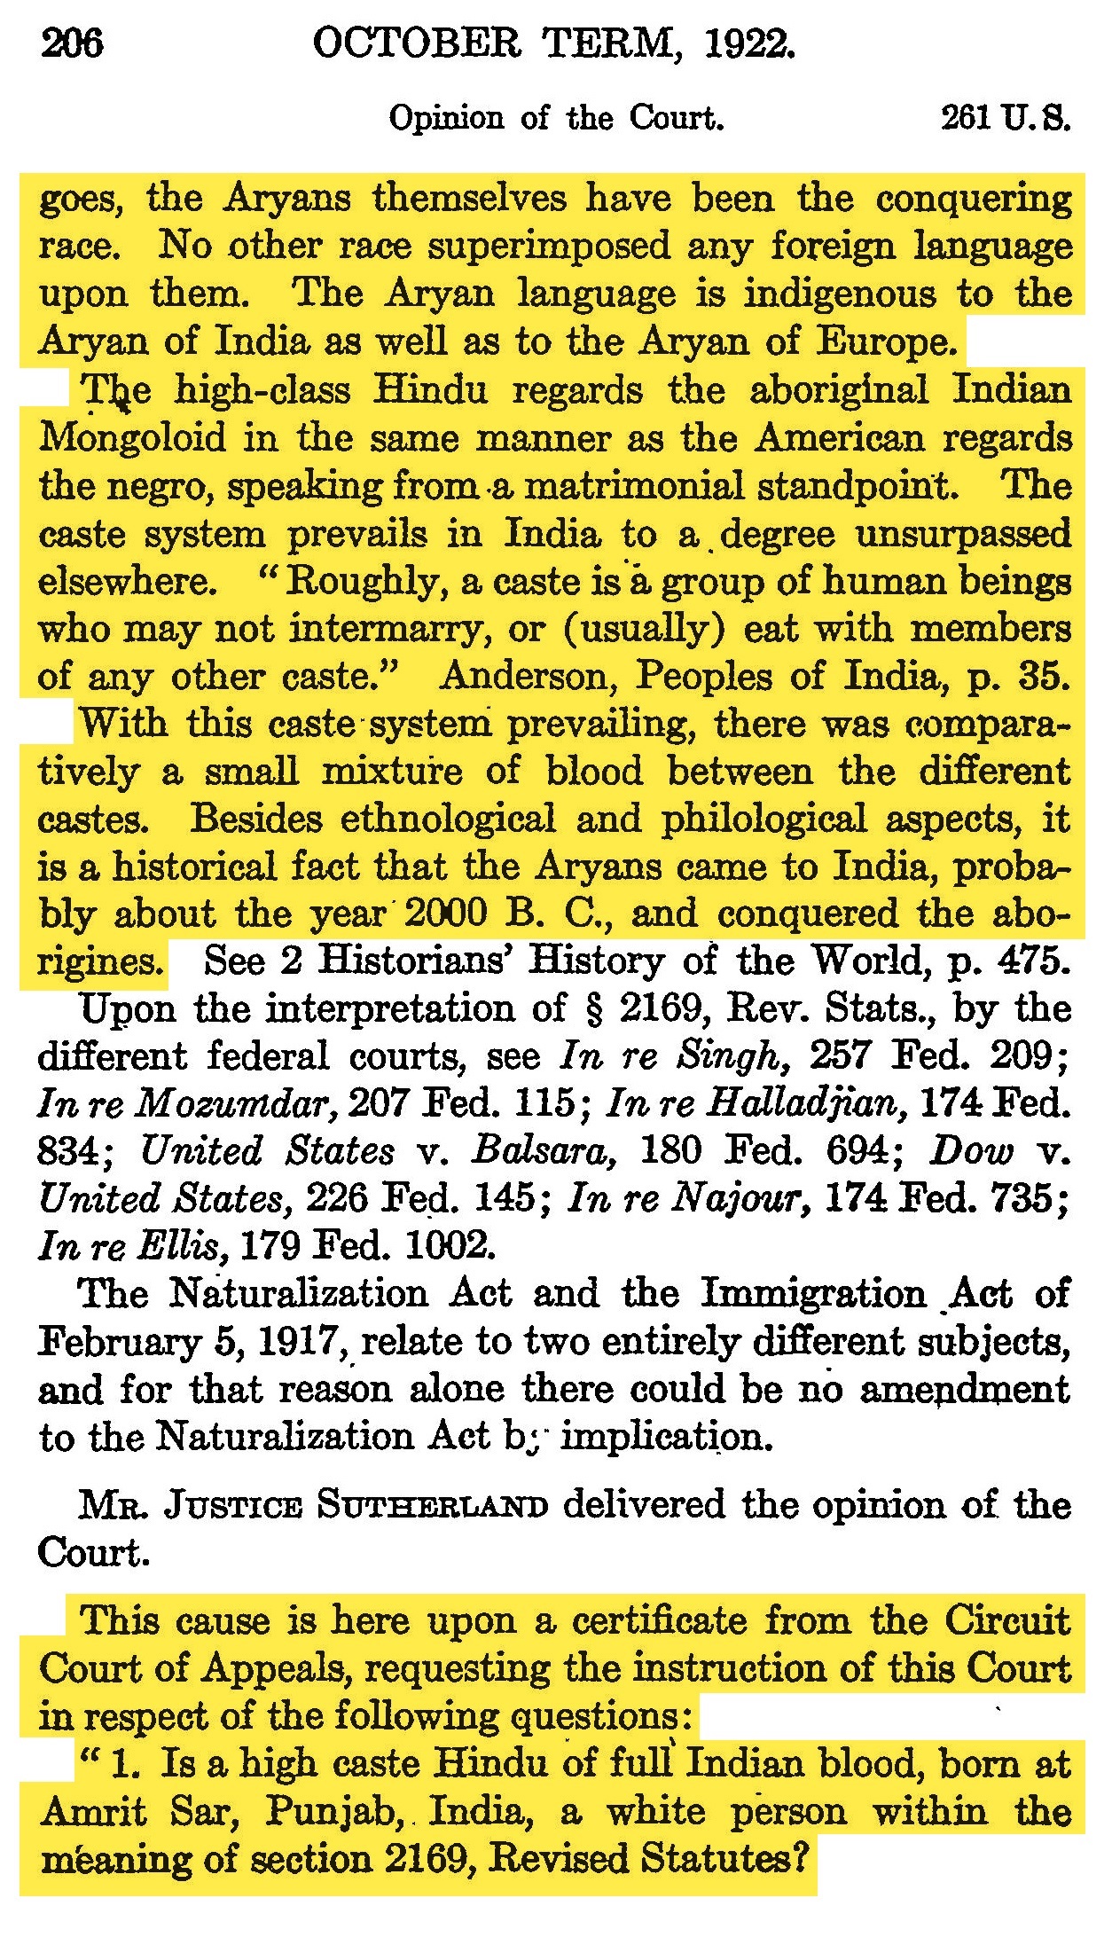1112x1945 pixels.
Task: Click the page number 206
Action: click(x=73, y=43)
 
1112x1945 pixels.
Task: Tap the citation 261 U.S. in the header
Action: click(x=1005, y=118)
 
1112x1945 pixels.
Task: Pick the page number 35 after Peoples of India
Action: click(x=1044, y=677)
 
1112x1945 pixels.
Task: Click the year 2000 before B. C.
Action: click(x=444, y=914)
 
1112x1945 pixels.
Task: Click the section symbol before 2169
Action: click(x=595, y=1009)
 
